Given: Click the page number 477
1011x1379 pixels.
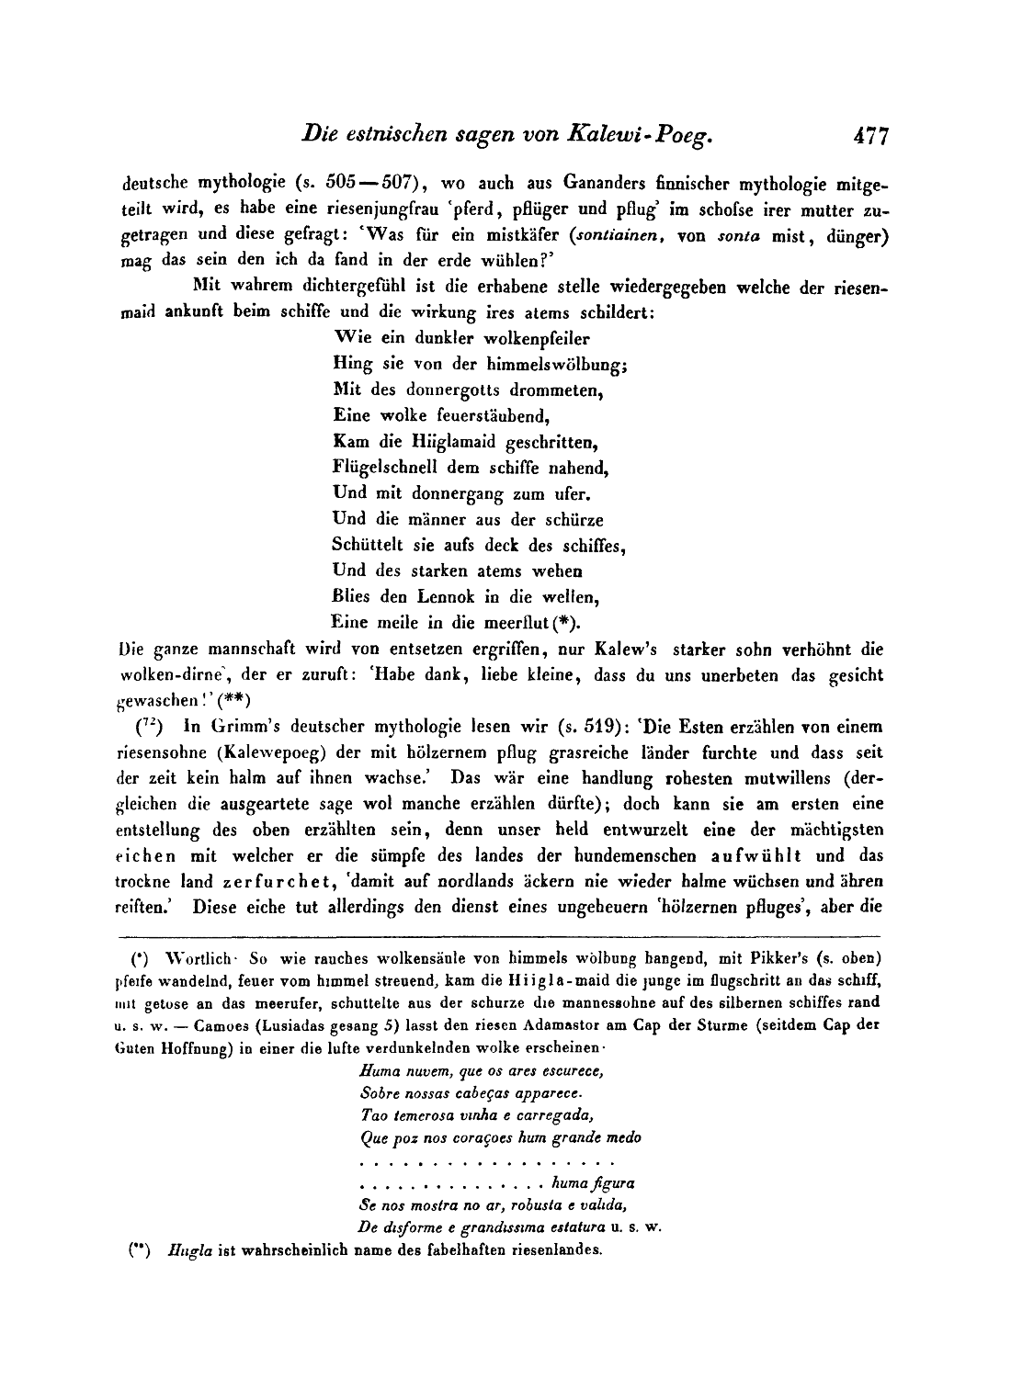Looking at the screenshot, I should (869, 136).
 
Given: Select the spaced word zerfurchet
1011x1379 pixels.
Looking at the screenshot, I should (276, 882).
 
